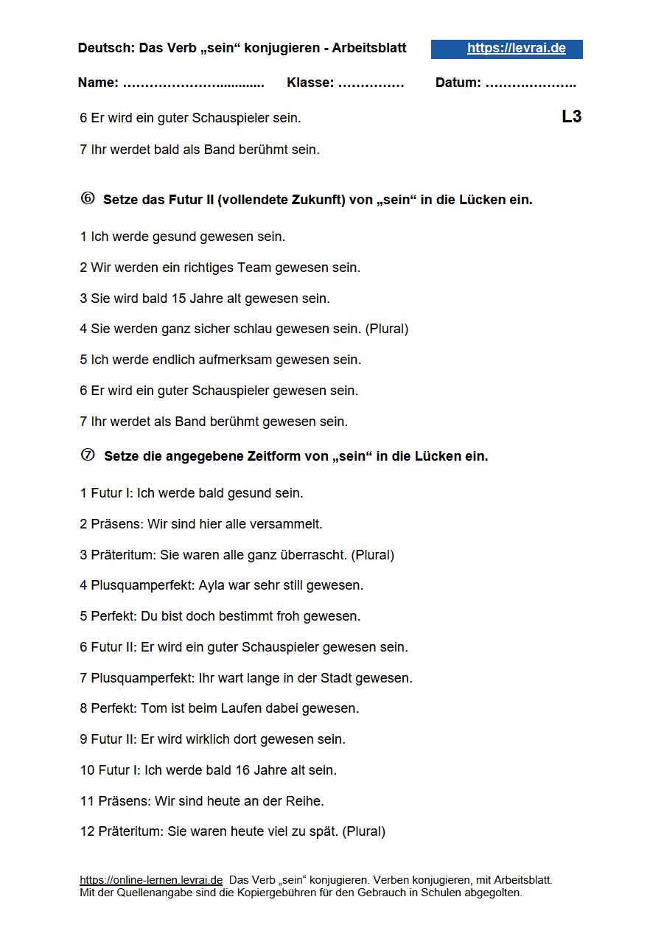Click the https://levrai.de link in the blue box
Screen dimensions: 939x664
pos(516,49)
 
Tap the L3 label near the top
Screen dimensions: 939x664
pos(571,116)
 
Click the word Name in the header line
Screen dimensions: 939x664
pos(97,83)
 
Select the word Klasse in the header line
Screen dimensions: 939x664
pos(310,83)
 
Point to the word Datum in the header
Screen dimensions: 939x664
pos(458,83)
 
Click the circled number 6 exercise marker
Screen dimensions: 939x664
pos(88,198)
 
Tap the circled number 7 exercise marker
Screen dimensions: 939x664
pos(88,455)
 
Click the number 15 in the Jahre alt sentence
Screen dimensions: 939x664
pos(178,299)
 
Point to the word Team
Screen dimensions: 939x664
pos(255,268)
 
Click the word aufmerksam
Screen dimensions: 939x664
pos(232,360)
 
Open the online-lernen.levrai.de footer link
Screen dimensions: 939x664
pos(151,880)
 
